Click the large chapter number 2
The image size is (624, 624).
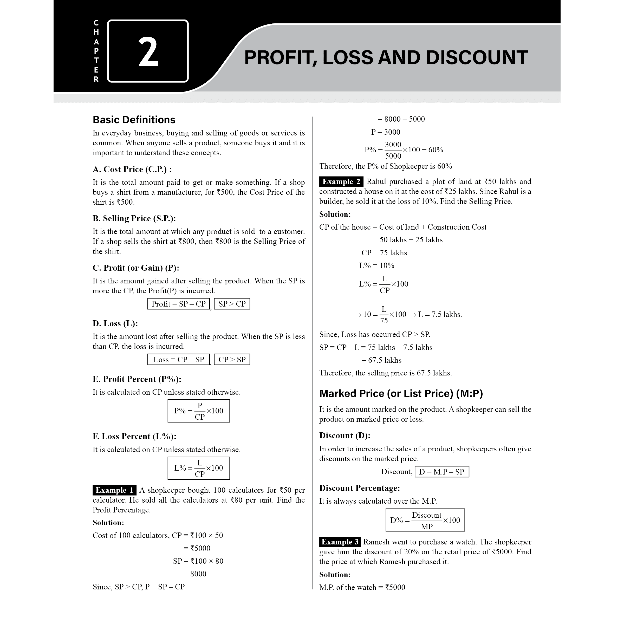[148, 52]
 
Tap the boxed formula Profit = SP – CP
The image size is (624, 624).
[179, 304]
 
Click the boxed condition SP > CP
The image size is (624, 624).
[232, 304]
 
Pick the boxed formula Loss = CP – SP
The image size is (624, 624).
[179, 360]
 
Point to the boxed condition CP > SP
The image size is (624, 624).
[232, 360]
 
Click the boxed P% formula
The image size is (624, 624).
[199, 411]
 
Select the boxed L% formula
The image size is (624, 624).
[199, 468]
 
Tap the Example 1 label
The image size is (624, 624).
[114, 490]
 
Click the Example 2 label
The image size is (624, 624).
[341, 181]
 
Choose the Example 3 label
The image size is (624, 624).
[340, 542]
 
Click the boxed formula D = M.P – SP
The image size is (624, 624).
[441, 472]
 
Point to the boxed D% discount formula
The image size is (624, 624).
[425, 520]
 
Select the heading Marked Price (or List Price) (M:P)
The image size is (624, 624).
[401, 393]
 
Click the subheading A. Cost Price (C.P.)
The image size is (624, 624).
[132, 169]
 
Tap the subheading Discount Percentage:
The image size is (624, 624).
[360, 488]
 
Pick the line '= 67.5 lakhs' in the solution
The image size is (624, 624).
[381, 360]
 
